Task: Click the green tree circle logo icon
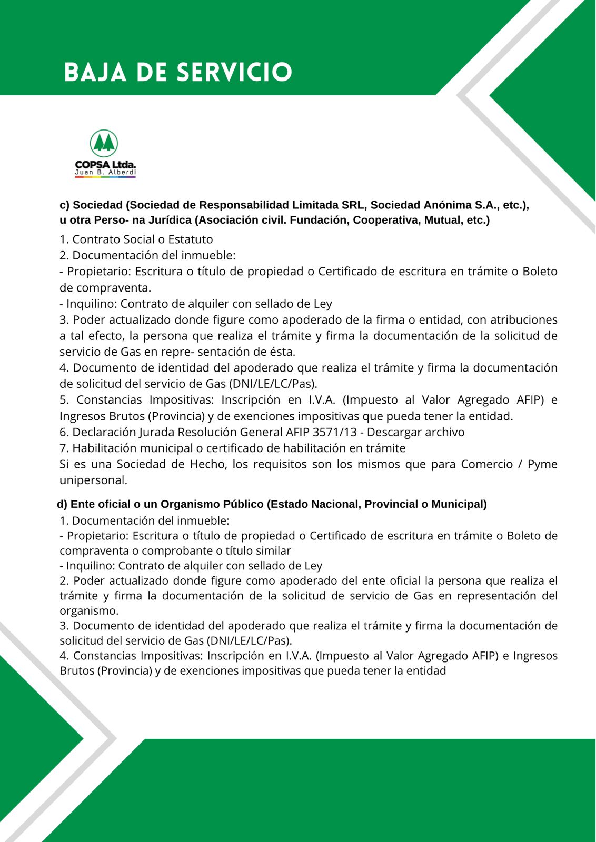point(104,143)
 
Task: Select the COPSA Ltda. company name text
point(105,165)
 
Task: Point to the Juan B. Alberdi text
point(105,172)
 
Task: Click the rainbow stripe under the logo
point(105,177)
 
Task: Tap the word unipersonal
point(93,480)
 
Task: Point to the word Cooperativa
point(389,220)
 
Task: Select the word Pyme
point(542,464)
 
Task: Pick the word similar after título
point(273,550)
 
